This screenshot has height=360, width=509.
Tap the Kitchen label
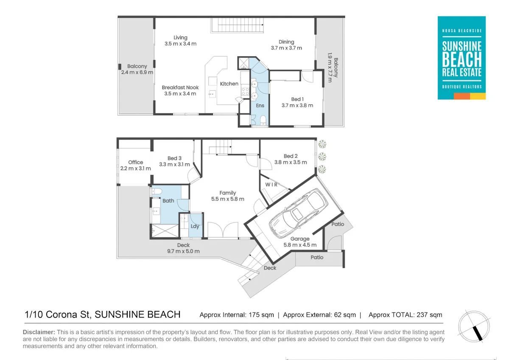click(229, 84)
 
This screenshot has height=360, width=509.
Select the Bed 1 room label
click(297, 99)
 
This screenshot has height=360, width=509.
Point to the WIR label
click(271, 185)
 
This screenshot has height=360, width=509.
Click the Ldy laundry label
click(195, 226)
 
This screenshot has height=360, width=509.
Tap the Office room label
click(136, 162)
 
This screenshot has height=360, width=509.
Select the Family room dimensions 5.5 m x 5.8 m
click(228, 199)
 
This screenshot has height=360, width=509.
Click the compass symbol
click(475, 327)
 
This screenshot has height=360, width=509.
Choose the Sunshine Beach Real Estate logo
click(461, 58)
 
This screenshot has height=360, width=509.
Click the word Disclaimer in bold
click(39, 332)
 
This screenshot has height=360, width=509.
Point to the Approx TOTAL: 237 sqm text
click(405, 315)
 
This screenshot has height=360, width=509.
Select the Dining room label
click(286, 42)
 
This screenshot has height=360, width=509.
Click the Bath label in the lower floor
click(168, 201)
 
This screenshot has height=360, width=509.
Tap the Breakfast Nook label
click(180, 87)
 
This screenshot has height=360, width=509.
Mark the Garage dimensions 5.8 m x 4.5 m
click(300, 245)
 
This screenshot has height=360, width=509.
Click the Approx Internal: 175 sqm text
click(237, 315)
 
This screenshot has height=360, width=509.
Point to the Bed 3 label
click(174, 158)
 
